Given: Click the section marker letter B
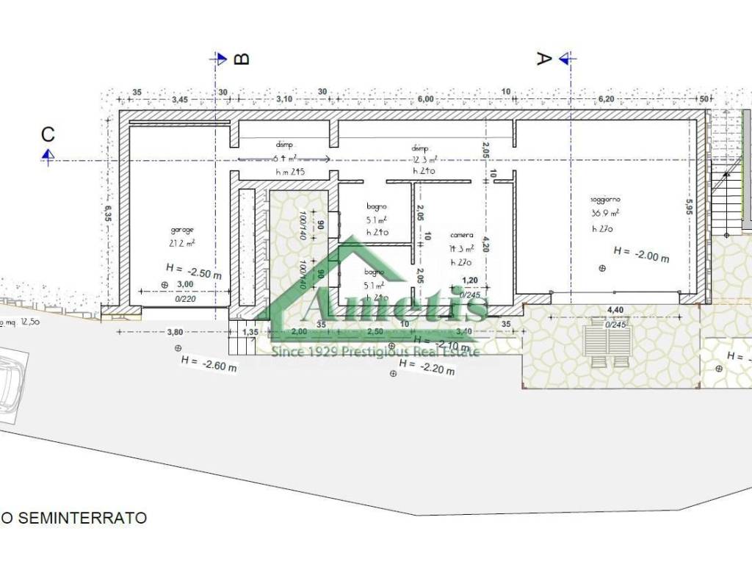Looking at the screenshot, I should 242,59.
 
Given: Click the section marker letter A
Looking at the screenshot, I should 543,59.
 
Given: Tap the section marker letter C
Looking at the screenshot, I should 48,134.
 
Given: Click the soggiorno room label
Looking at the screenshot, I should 606,200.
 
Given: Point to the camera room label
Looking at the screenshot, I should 462,235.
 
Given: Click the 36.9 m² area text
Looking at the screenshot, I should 605,213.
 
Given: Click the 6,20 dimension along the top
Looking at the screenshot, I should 605,98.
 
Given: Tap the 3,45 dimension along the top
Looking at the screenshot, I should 180,98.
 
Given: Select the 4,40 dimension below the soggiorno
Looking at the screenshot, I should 614,311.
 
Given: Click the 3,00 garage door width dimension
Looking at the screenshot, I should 185,284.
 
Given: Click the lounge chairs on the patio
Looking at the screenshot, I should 607,346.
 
